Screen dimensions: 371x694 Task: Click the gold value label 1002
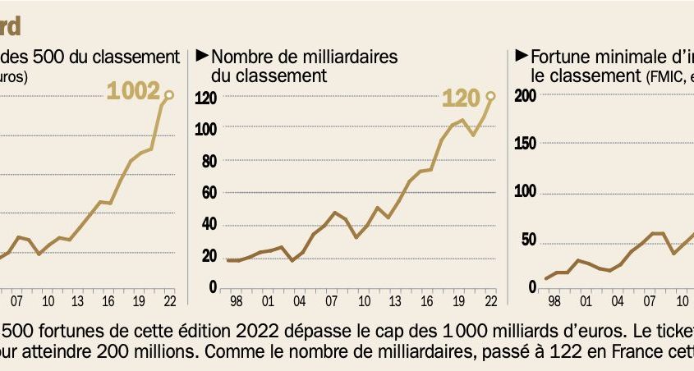point(133,91)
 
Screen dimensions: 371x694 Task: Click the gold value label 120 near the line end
point(461,98)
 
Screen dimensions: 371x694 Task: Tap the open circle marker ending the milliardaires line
point(491,96)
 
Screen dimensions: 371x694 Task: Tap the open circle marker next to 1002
point(169,95)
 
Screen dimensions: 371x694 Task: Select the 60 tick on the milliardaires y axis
point(209,192)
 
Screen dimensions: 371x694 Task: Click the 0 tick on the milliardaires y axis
point(213,287)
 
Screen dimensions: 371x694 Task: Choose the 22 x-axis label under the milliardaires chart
point(491,301)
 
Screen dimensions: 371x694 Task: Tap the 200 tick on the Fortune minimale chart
point(526,95)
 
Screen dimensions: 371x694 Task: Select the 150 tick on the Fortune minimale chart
point(526,144)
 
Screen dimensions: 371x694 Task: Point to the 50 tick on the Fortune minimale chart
point(530,240)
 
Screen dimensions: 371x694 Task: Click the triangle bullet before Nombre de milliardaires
point(201,56)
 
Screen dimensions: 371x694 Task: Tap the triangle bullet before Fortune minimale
point(521,56)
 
